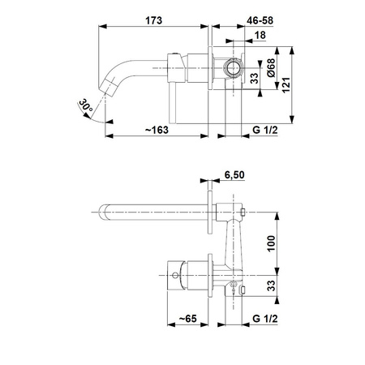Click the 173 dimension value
pos(153,20)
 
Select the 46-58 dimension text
pos(260,20)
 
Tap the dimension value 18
pos(260,35)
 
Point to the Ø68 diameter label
pos(271,67)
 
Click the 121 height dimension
pos(286,85)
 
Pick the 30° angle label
pos(86,106)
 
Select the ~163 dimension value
pos(157,130)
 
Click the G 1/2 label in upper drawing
pos(265,130)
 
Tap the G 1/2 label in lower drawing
pos(265,319)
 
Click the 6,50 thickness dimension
pos(234,175)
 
